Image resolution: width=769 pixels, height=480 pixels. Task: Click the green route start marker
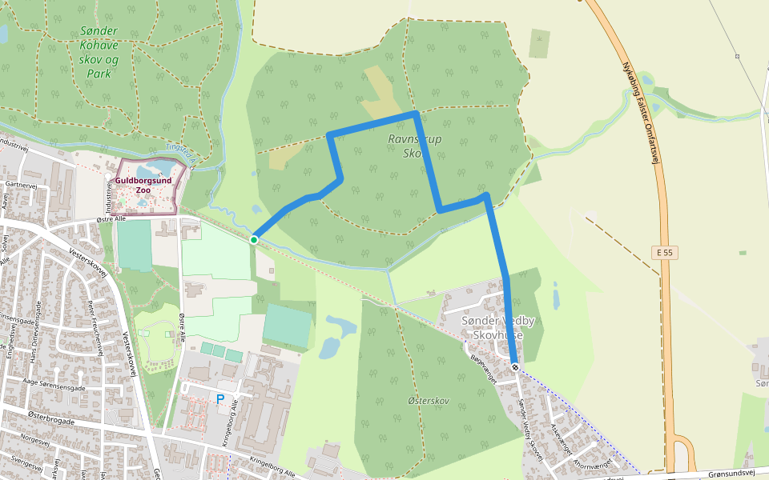[x=254, y=239]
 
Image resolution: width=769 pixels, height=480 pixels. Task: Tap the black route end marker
[x=515, y=367]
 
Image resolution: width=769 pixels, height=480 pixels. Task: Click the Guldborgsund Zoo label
[x=143, y=185]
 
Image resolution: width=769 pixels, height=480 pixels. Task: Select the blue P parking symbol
[x=219, y=398]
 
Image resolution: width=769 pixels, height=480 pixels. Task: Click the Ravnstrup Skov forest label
[x=415, y=146]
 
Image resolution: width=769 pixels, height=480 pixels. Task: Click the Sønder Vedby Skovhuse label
[x=498, y=328]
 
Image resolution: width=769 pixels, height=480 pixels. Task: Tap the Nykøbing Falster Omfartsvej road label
[x=639, y=112]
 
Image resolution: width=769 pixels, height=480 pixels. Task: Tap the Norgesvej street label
[x=35, y=439]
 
